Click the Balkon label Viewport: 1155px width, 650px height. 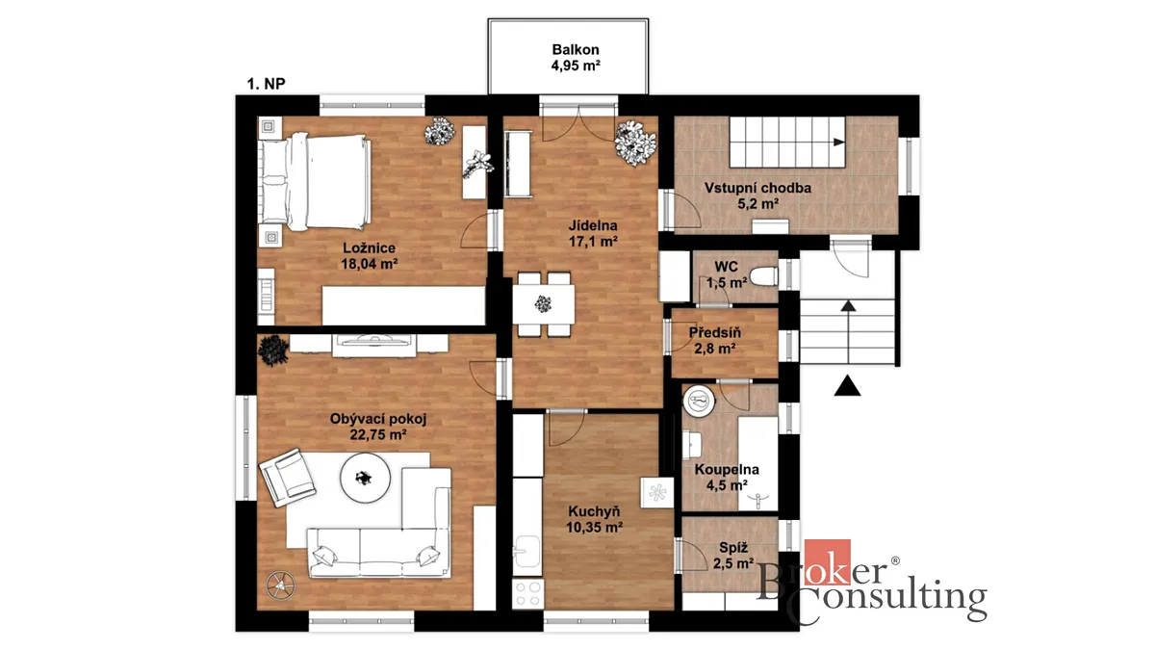(x=576, y=49)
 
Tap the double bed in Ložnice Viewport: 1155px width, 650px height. (x=314, y=182)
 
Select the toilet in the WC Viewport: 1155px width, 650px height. (x=763, y=276)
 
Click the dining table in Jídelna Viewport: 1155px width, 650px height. (x=544, y=304)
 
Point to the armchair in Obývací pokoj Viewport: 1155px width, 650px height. (x=287, y=478)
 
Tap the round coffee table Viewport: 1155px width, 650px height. (x=365, y=478)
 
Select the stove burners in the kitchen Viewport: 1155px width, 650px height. (x=527, y=594)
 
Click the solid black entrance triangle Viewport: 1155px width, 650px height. (x=847, y=386)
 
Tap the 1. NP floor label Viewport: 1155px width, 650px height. (x=266, y=84)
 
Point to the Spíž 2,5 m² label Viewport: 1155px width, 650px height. (x=733, y=556)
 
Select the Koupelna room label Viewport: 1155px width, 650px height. (x=727, y=470)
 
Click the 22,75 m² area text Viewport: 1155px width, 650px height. (x=378, y=435)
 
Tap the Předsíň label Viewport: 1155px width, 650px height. (x=714, y=333)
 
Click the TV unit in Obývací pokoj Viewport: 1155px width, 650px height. (x=373, y=345)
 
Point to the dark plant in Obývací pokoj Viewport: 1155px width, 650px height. (x=272, y=351)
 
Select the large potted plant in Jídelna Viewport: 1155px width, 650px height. (x=635, y=143)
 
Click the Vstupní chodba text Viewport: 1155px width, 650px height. (x=757, y=188)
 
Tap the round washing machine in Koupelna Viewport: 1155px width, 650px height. (x=699, y=400)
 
